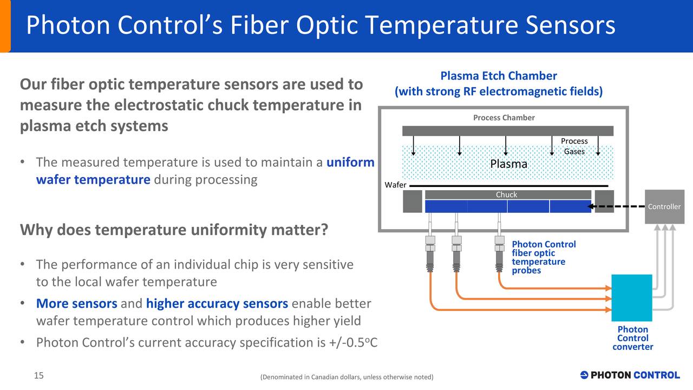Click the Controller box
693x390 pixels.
pos(664,206)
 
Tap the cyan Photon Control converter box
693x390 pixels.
pos(631,298)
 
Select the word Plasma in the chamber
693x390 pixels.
pos(508,164)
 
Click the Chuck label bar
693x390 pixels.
pos(507,194)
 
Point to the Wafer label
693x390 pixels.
pos(395,185)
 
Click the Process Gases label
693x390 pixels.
pos(574,146)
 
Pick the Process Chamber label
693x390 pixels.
pos(504,118)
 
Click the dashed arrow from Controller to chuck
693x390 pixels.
pos(617,206)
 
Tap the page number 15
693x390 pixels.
pos(39,376)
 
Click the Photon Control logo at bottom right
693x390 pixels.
pos(630,375)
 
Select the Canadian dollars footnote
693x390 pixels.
pos(346,377)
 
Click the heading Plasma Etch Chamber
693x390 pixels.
pos(498,76)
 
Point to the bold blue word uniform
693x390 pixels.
pos(350,162)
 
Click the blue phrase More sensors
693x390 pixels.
pos(76,303)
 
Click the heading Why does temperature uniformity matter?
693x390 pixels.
pos(174,230)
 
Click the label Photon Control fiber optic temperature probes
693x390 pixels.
pos(543,257)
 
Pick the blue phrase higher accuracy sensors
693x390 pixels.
pos(217,303)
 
